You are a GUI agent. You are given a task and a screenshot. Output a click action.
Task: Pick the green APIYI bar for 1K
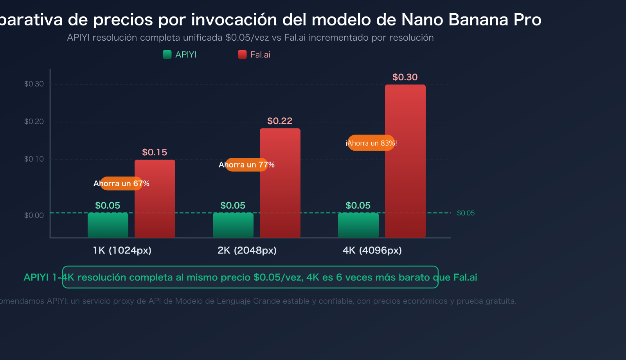click(x=108, y=225)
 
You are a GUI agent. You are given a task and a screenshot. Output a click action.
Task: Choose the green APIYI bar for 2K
click(x=233, y=225)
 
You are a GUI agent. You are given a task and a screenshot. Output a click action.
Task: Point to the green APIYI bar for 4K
click(x=358, y=225)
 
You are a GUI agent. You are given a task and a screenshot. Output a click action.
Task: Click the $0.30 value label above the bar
click(x=405, y=77)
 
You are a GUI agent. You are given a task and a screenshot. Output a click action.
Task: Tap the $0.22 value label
click(x=280, y=121)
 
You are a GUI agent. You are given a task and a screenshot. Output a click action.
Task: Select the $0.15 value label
click(x=155, y=152)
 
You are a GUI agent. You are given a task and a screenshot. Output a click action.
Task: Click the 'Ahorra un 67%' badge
click(x=121, y=184)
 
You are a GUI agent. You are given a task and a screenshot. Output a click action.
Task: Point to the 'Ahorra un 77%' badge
click(x=246, y=165)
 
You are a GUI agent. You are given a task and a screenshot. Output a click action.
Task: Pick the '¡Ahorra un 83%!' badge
click(x=371, y=143)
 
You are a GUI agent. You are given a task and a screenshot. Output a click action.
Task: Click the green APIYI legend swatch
click(x=167, y=54)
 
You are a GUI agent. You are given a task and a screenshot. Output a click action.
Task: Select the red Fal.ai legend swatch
click(x=242, y=54)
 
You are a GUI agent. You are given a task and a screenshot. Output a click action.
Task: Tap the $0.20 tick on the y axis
click(x=34, y=121)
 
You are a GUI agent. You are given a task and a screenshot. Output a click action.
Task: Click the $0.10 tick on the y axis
click(x=34, y=159)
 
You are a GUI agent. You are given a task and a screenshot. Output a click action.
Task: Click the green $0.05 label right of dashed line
click(x=466, y=213)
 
